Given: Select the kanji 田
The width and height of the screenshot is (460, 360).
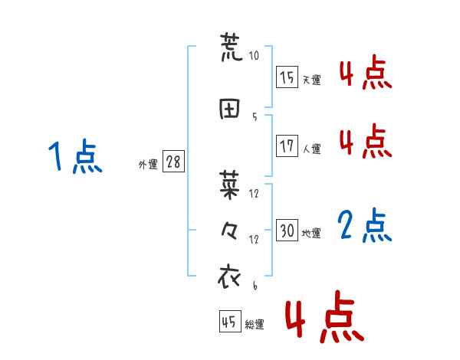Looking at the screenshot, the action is click(231, 110).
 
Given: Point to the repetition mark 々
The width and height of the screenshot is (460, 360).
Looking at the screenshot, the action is click(231, 230).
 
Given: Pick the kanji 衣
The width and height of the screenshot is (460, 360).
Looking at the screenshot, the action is click(231, 276).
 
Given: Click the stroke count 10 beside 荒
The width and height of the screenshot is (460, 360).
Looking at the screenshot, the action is click(254, 56).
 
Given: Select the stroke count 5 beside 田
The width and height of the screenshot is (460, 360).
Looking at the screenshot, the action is click(254, 116).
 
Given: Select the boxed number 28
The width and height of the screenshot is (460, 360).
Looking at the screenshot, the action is click(173, 162).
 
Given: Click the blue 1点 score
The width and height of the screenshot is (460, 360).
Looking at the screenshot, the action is click(74, 157).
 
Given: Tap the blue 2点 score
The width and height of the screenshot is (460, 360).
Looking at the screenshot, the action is click(365, 226).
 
